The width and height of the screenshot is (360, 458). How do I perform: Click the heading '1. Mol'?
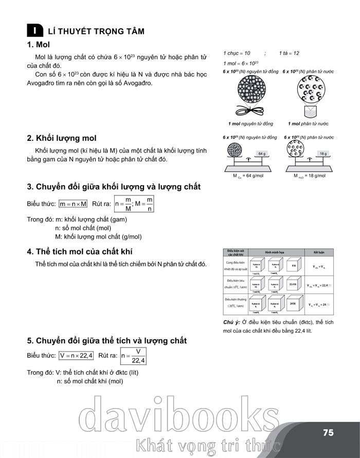[x=39, y=45]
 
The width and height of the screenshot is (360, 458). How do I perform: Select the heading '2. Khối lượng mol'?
[x=62, y=138]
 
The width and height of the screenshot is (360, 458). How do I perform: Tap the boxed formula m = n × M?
[x=74, y=204]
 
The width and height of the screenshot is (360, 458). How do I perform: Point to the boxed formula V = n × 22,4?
[x=76, y=356]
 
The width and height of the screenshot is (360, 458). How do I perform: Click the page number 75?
[x=329, y=432]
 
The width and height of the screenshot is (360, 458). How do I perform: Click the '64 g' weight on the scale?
[x=262, y=154]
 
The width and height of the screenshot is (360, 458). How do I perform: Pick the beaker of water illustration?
[x=310, y=111]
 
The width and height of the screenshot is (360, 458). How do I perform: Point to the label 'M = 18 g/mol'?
[x=311, y=176]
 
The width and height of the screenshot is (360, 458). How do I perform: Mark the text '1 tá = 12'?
[x=289, y=53]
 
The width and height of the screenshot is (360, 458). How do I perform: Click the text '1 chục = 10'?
[x=237, y=53]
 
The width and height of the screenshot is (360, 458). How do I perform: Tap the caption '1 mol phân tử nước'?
[x=309, y=124]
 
